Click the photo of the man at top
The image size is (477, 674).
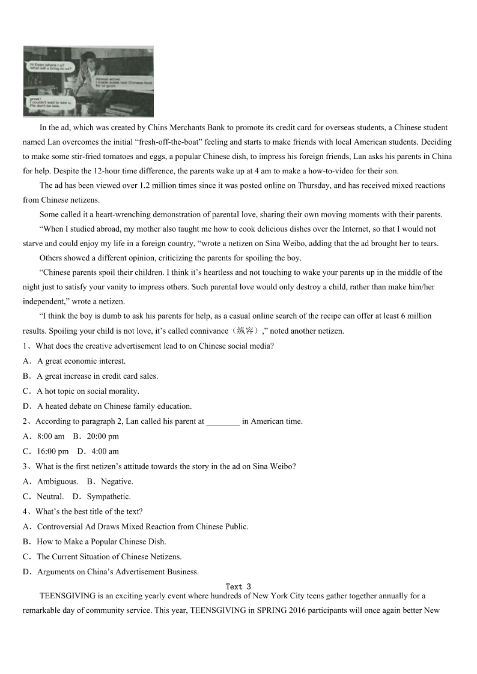point(88,81)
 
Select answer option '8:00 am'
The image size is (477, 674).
point(50,436)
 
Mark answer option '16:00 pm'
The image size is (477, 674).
point(53,451)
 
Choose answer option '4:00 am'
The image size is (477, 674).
point(105,451)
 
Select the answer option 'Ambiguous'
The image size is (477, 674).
point(57,481)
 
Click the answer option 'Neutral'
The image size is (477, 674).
point(50,496)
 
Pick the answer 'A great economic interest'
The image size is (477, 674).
point(81,361)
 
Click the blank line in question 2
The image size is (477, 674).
point(223,422)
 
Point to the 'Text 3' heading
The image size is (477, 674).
point(239,586)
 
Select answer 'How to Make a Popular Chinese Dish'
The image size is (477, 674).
point(102,541)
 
